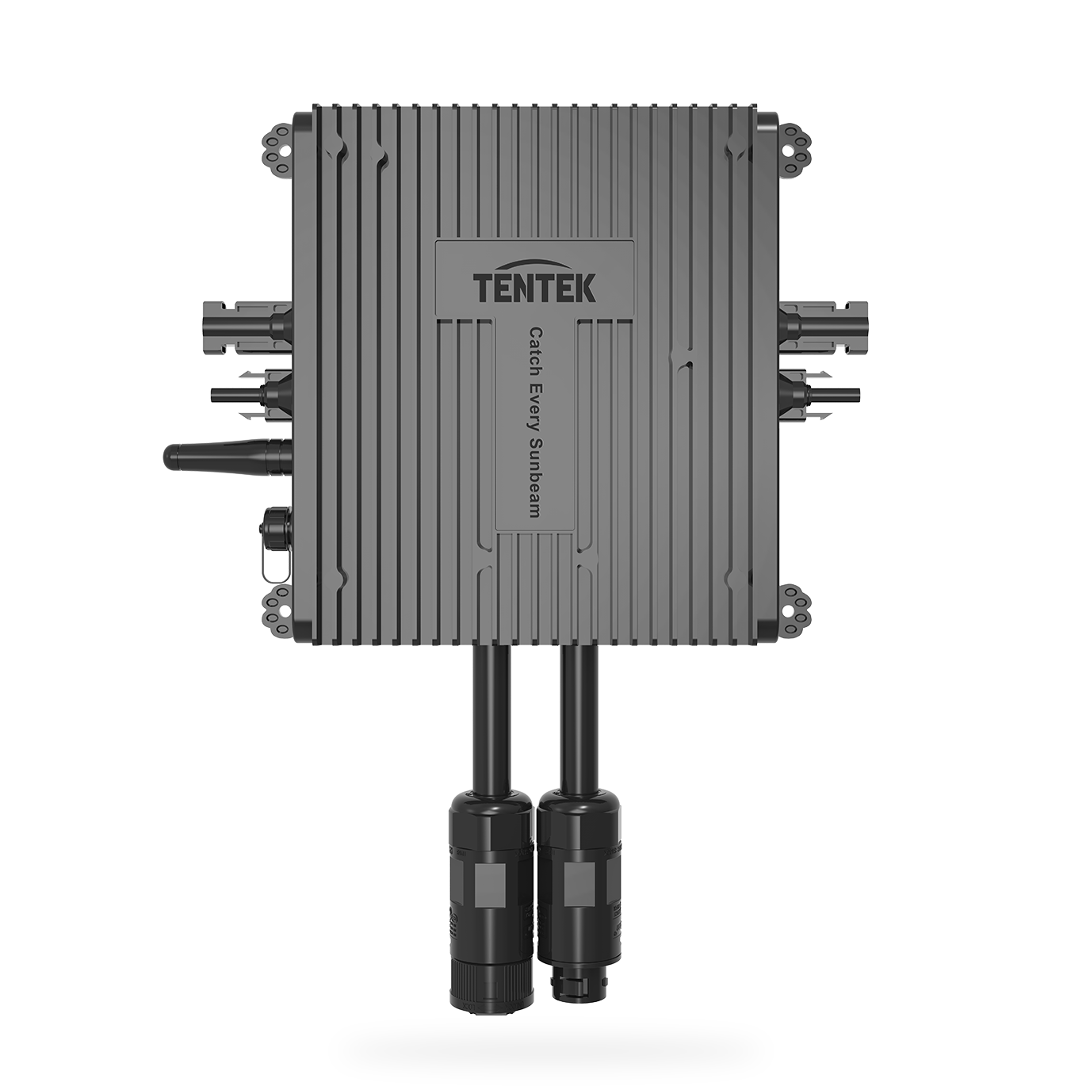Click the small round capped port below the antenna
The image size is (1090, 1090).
[274, 523]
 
